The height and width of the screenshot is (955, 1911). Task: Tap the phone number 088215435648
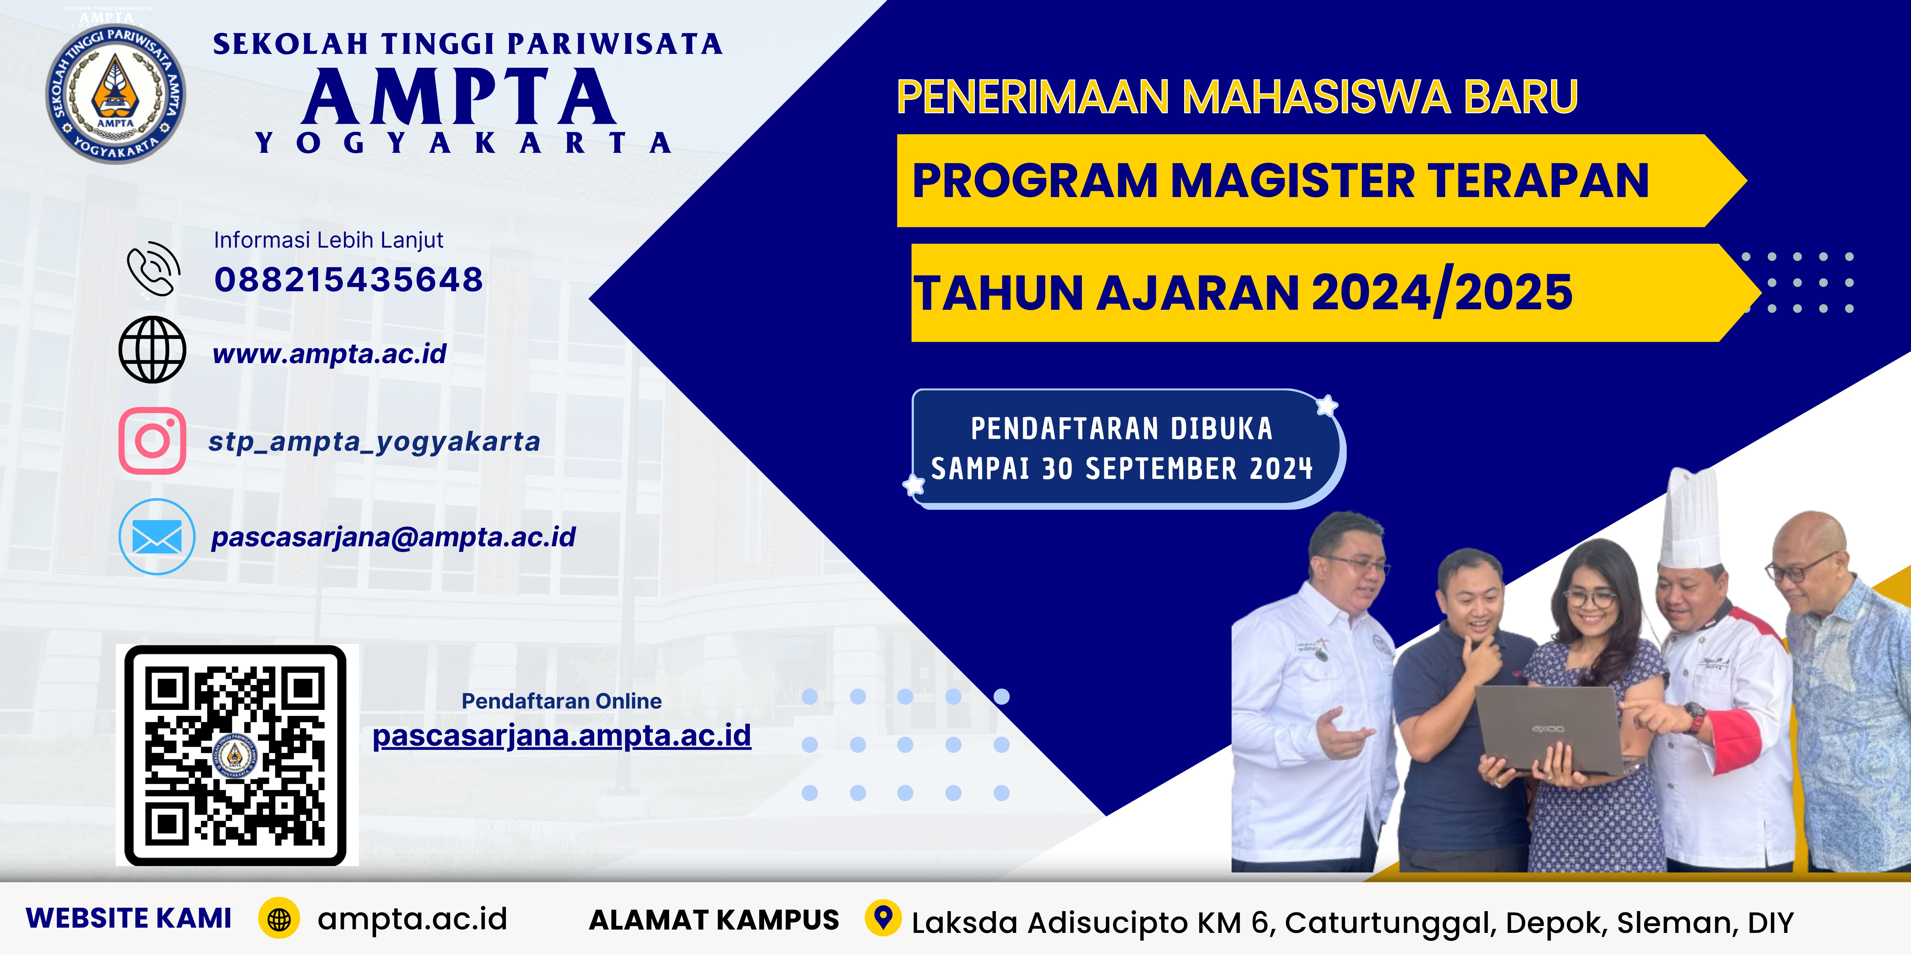pos(349,280)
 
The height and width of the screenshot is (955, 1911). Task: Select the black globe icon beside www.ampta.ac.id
pos(152,350)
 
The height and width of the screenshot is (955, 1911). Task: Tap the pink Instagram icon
pos(152,441)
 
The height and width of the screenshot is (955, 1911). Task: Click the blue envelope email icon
pos(156,537)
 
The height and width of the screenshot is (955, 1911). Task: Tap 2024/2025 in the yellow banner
pos(1442,292)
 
